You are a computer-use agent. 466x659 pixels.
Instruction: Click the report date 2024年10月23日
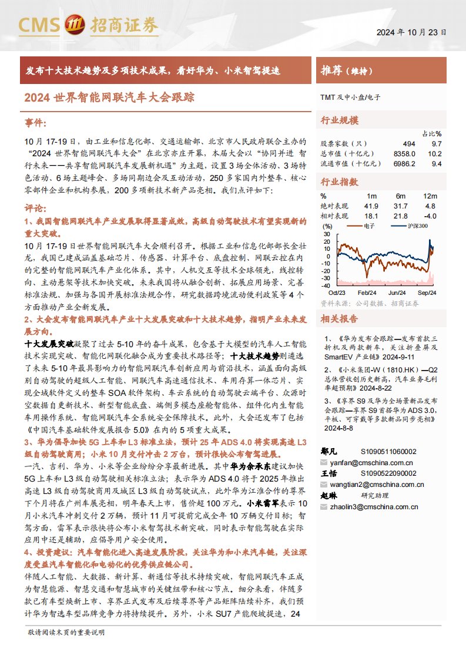click(x=411, y=33)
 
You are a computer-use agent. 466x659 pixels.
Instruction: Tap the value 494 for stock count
click(x=409, y=143)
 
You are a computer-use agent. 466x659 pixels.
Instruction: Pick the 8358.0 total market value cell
click(x=405, y=153)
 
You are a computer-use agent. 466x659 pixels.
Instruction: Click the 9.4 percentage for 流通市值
click(x=436, y=163)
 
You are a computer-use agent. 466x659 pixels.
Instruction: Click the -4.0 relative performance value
click(x=431, y=216)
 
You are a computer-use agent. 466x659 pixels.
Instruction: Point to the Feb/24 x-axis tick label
click(x=367, y=292)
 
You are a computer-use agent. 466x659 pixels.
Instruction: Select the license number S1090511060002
click(x=388, y=452)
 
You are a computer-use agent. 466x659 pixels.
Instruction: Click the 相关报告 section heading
click(x=339, y=320)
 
